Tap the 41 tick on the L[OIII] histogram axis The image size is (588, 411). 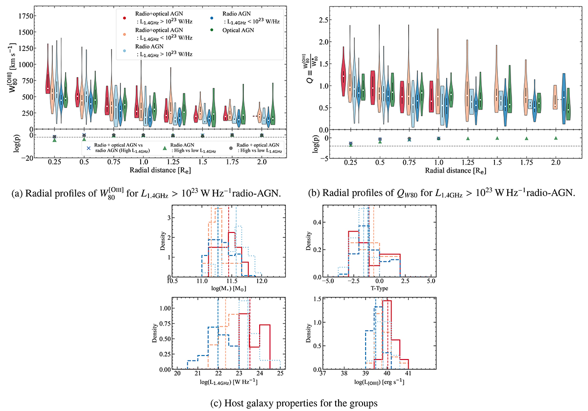click(x=408, y=377)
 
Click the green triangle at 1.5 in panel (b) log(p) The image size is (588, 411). click(x=497, y=138)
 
